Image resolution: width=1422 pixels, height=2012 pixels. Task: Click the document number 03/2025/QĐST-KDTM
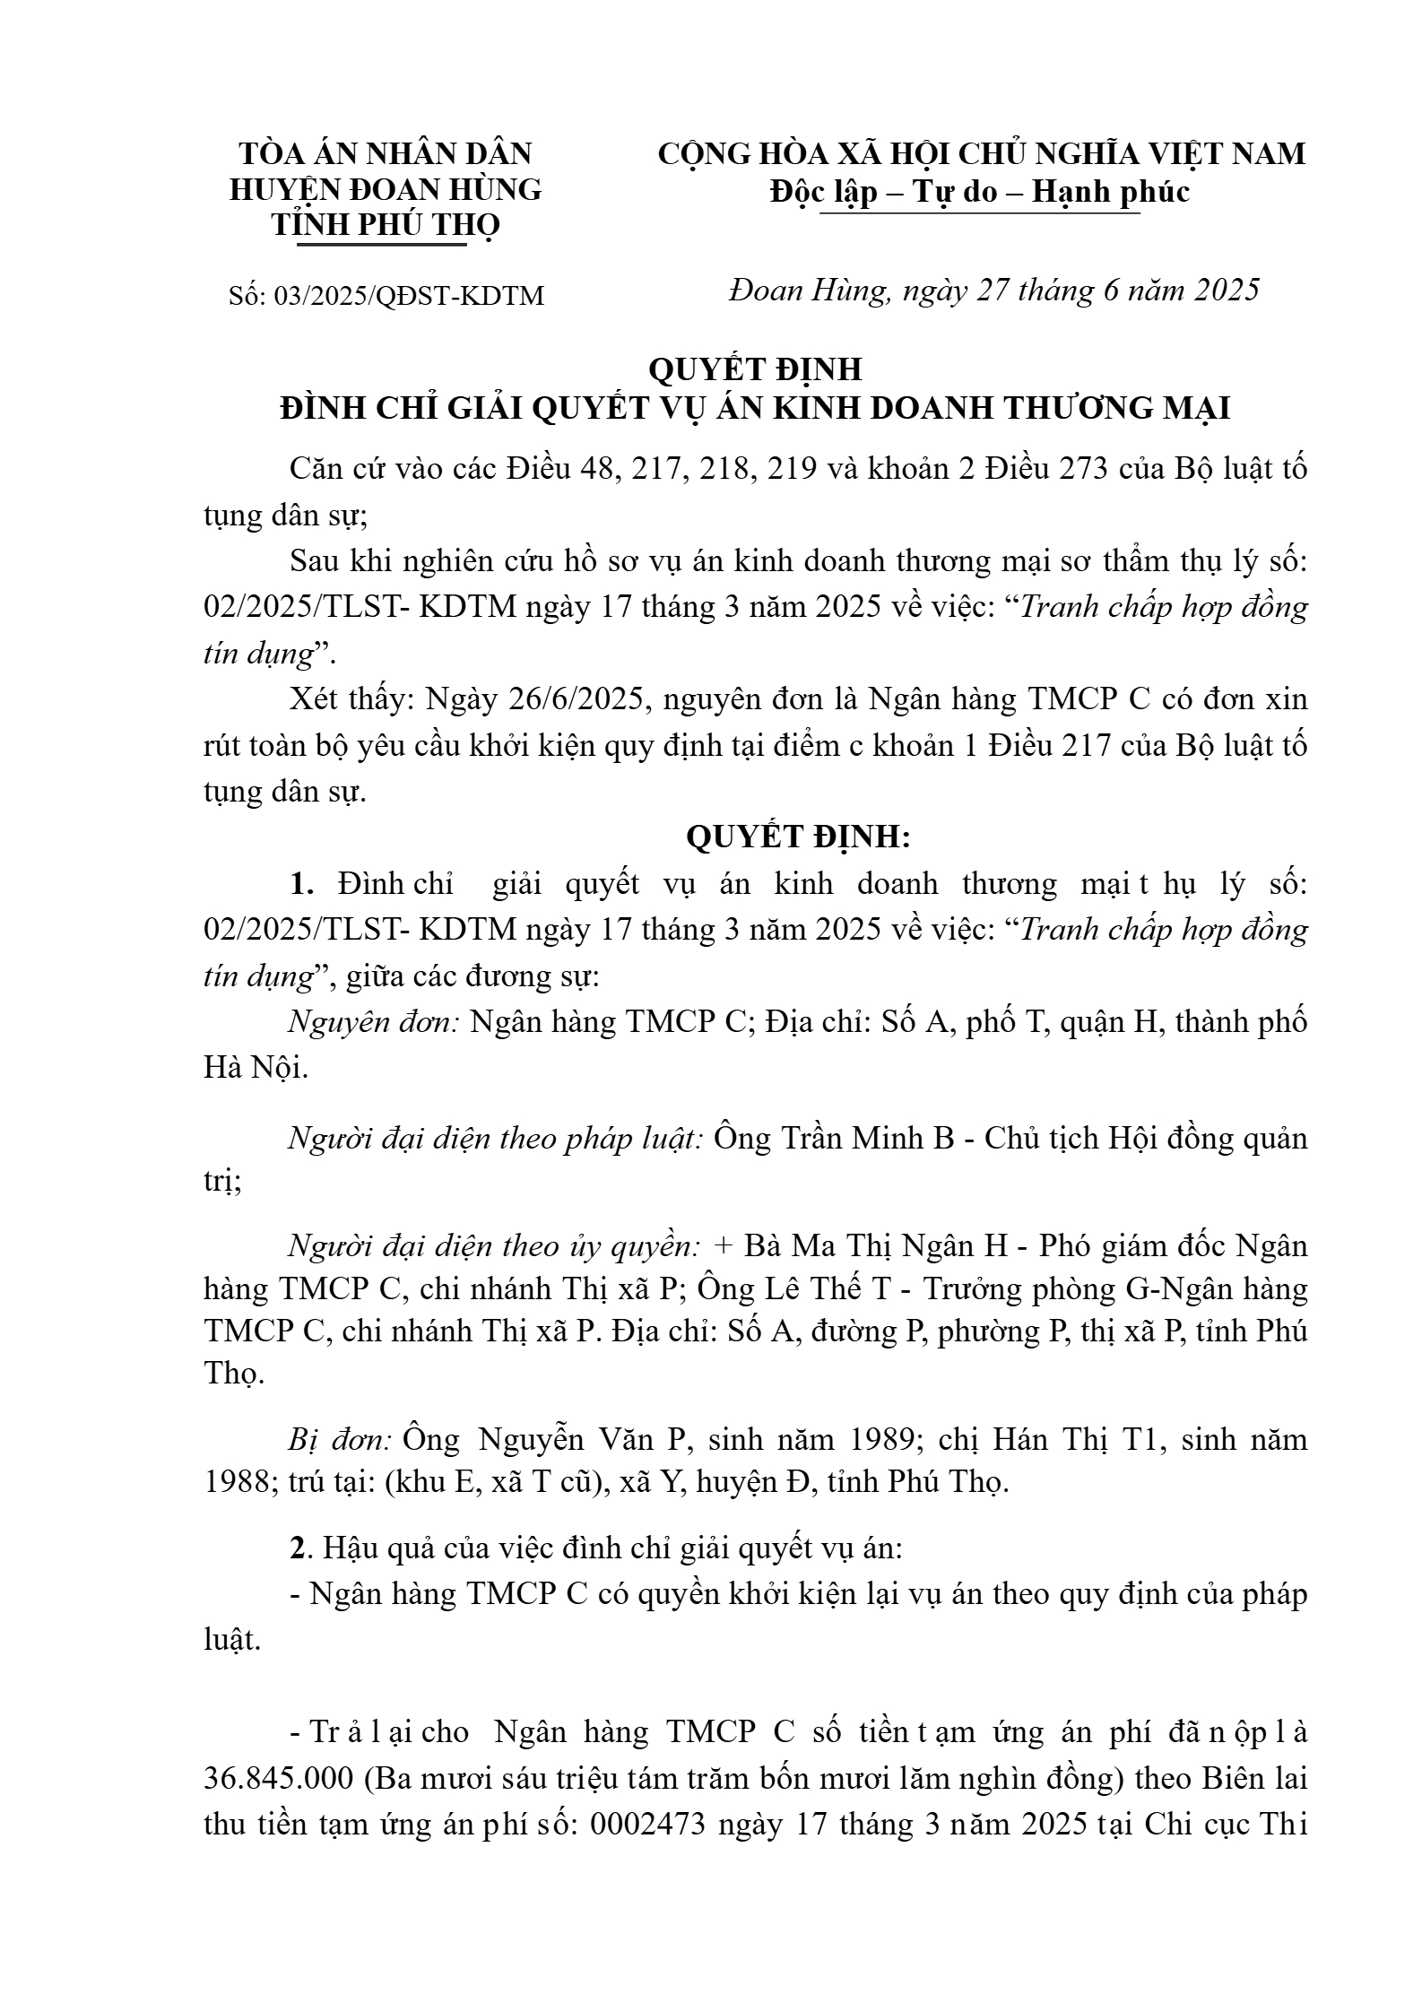409,296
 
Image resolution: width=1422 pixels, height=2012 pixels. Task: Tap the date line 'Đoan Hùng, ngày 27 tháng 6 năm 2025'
994,291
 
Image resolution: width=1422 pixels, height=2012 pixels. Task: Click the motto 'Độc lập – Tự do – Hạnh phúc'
980,191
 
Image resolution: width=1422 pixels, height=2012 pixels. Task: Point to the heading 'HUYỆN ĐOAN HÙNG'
386,190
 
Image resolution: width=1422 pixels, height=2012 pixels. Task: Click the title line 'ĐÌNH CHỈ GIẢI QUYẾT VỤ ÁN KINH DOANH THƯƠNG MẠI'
754,408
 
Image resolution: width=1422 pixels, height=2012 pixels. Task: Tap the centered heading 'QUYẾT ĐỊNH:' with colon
798,837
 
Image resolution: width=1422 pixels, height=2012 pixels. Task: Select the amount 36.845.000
280,1778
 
